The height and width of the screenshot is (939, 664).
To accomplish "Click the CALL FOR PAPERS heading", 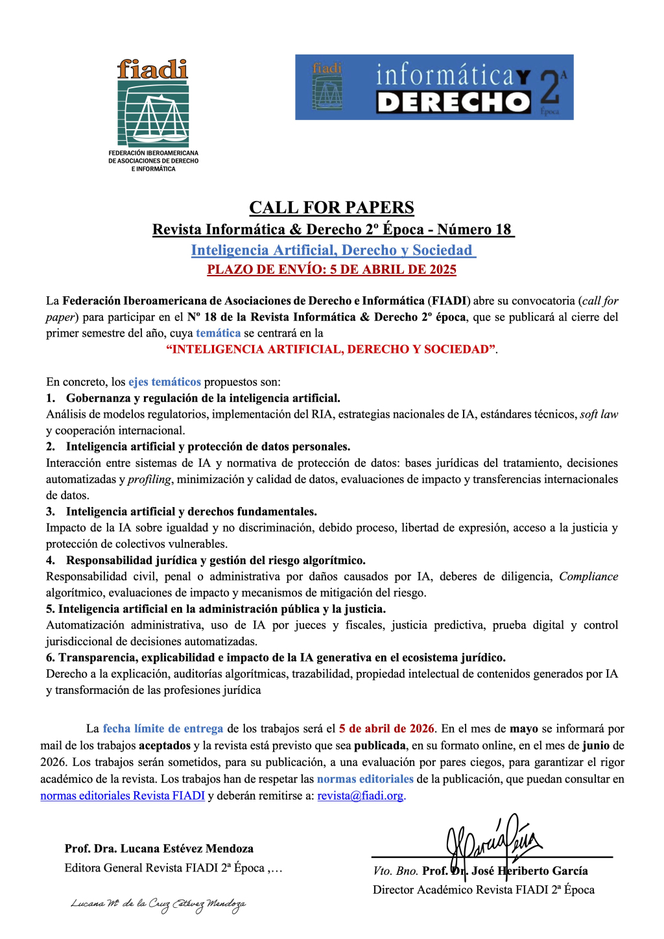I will [x=331, y=208].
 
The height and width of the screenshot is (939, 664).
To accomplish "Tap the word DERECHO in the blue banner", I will [x=453, y=102].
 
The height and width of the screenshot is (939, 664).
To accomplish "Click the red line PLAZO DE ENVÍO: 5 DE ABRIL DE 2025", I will [x=331, y=270].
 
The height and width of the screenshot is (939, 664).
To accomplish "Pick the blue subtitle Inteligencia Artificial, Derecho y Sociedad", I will [x=333, y=250].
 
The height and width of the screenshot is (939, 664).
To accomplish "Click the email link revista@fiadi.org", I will [x=360, y=796].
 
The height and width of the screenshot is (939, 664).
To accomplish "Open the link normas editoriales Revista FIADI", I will [x=123, y=796].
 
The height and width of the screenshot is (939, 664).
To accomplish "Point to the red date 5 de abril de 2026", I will [x=386, y=729].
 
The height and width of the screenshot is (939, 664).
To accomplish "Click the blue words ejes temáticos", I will [x=165, y=382].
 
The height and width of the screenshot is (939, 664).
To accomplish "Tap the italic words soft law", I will [x=599, y=414].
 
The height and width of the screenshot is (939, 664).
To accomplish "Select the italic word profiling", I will [x=149, y=479].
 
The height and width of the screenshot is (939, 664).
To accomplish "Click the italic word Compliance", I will [x=588, y=576].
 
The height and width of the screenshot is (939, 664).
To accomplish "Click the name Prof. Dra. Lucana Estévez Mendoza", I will [x=159, y=849].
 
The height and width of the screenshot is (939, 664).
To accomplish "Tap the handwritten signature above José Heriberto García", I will [x=493, y=839].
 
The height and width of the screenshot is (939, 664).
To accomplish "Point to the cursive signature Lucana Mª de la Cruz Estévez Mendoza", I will [x=158, y=904].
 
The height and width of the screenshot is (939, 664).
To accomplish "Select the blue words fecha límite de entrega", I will [x=163, y=729].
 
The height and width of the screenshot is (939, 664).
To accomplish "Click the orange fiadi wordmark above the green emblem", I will [x=152, y=69].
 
